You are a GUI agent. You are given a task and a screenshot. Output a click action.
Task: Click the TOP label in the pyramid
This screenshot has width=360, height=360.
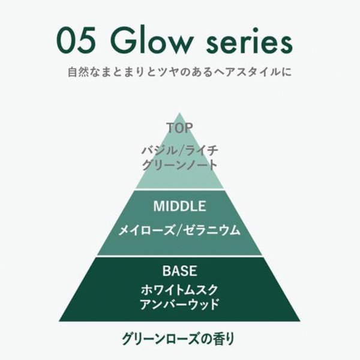coord(179,128)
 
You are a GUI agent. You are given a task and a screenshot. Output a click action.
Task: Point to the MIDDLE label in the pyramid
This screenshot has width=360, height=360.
coord(179,206)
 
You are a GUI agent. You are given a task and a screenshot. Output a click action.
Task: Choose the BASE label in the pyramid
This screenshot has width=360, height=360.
coord(179,271)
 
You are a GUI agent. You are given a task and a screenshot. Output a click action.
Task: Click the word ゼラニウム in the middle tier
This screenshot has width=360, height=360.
coord(208,229)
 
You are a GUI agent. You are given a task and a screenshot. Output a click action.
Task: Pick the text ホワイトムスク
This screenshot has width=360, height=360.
coord(179,289)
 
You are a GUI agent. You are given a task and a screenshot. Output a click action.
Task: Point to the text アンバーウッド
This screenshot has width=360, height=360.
coord(179,304)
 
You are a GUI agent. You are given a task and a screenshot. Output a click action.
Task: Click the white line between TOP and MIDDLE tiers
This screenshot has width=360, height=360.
coord(179,189)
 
